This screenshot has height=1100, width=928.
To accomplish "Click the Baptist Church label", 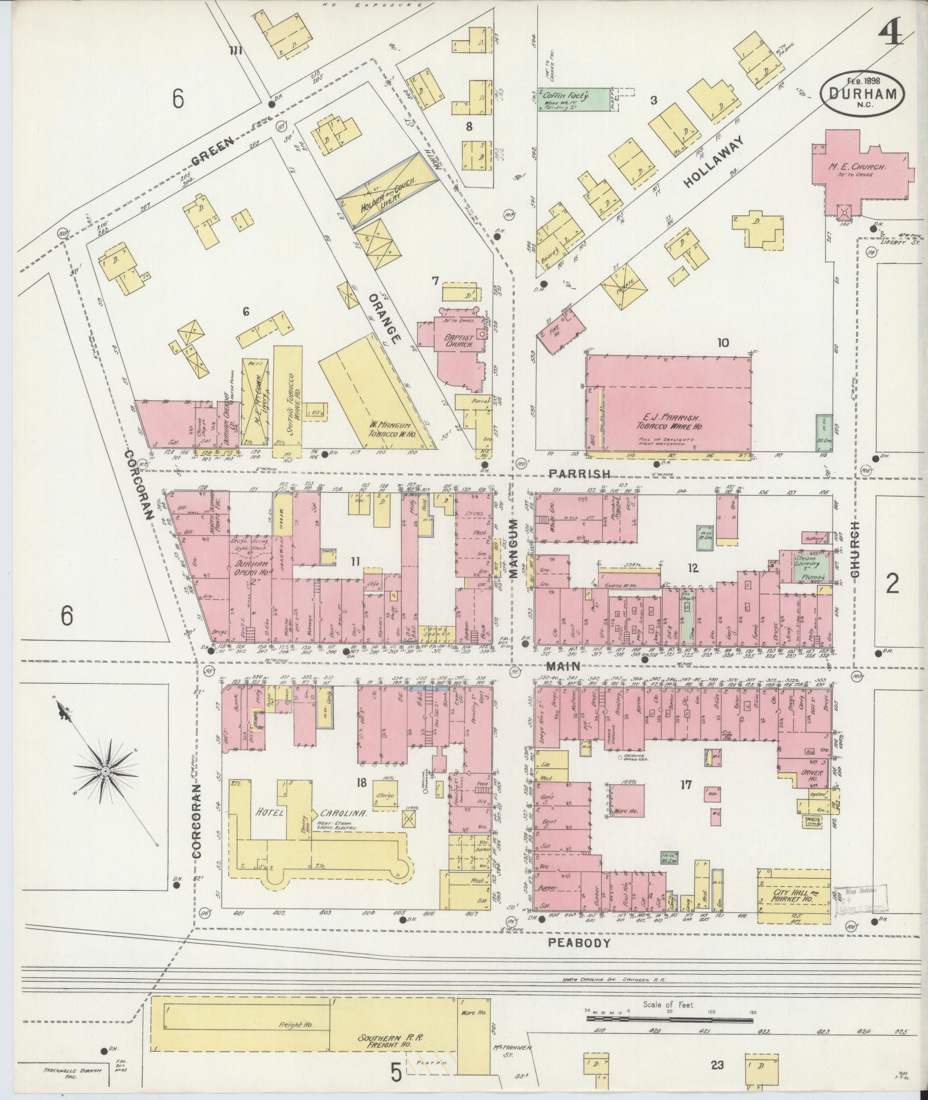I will click(458, 340).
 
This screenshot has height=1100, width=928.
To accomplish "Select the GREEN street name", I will click(212, 150).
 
